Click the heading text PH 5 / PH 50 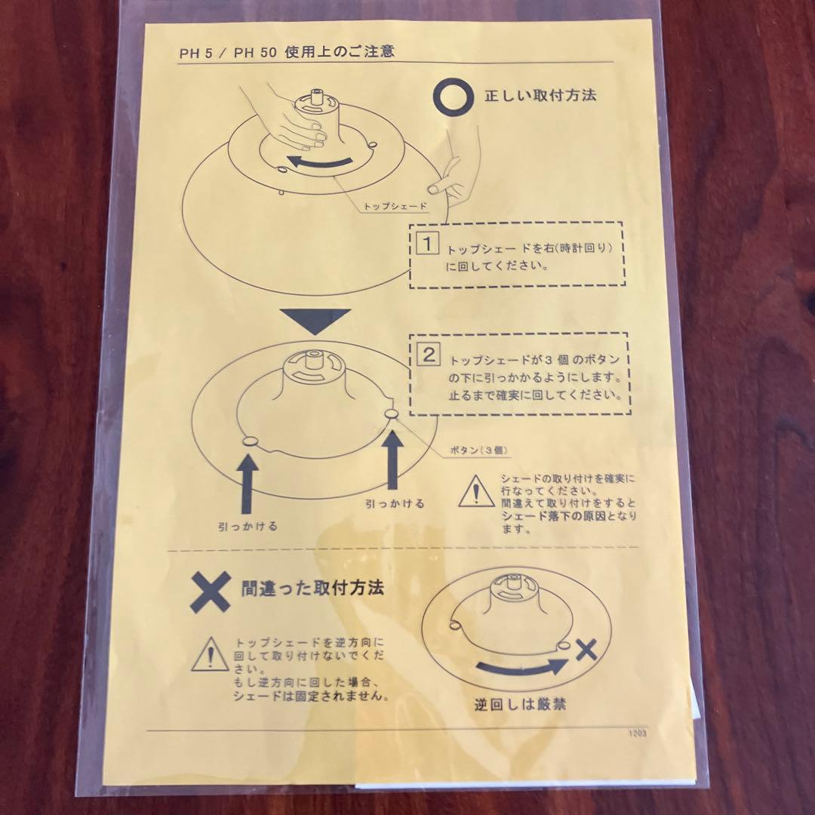click(x=227, y=54)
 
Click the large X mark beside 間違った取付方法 click(x=211, y=592)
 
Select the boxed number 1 click(x=428, y=243)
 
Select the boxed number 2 click(x=429, y=355)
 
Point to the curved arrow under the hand click(x=318, y=162)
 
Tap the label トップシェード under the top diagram click(x=395, y=206)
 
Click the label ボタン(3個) click(x=478, y=450)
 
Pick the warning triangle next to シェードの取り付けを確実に click(x=476, y=492)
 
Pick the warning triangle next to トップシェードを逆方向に click(x=210, y=654)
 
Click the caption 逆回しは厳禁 click(x=520, y=704)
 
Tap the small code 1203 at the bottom click(x=637, y=733)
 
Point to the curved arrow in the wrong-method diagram click(x=521, y=668)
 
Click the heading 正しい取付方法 click(x=540, y=96)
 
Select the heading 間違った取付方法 click(x=312, y=588)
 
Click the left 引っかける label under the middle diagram click(x=248, y=527)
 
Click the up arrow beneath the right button click(x=393, y=460)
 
